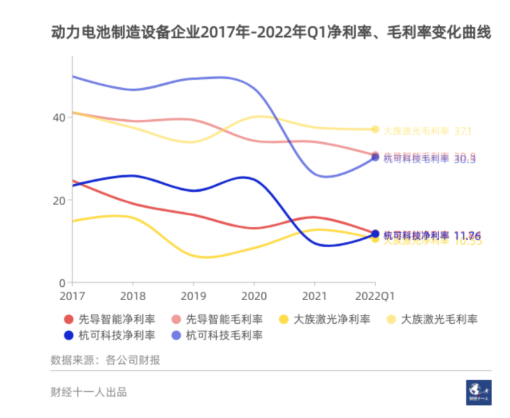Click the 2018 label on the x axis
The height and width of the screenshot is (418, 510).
click(x=133, y=296)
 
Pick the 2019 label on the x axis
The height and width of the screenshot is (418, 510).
click(x=193, y=296)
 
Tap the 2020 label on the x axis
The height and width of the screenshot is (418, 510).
click(x=254, y=296)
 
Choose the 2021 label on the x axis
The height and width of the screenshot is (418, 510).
click(x=314, y=296)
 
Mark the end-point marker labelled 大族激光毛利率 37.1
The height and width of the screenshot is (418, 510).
click(x=375, y=129)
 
